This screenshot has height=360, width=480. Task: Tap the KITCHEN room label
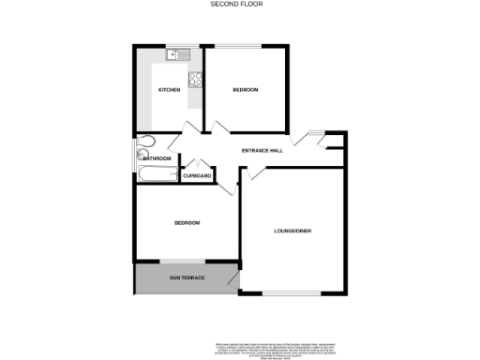click(169, 90)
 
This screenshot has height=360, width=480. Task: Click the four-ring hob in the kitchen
click(196, 80)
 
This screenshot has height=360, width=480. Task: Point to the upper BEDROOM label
click(246, 90)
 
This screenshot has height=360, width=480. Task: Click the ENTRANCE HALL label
click(262, 151)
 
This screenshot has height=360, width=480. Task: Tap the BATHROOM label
click(157, 158)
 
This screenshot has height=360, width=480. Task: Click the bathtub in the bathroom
click(157, 174)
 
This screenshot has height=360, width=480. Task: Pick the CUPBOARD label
click(197, 175)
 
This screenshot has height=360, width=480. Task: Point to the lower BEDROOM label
click(187, 223)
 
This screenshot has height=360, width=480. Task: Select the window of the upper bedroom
click(246, 46)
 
